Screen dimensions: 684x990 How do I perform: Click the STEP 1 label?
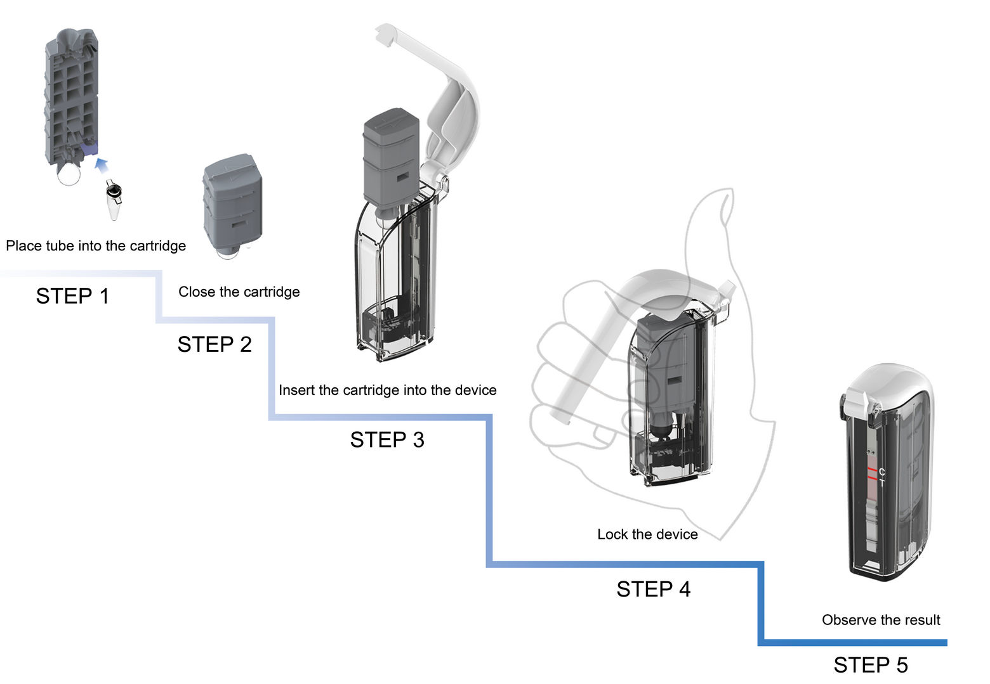(x=72, y=296)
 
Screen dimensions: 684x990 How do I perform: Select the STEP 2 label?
(x=214, y=344)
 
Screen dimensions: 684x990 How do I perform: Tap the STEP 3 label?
(x=387, y=440)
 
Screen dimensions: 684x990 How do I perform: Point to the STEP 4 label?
(x=653, y=590)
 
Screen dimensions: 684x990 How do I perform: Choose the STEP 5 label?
(x=870, y=665)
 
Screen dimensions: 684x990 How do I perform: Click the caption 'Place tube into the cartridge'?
(x=96, y=246)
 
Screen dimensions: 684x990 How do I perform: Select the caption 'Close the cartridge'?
(x=239, y=292)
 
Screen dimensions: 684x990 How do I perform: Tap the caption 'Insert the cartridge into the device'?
(x=387, y=390)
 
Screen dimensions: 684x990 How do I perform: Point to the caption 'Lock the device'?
(x=647, y=534)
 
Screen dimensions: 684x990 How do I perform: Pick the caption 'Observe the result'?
(x=881, y=620)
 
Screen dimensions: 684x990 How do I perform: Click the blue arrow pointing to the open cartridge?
(x=101, y=166)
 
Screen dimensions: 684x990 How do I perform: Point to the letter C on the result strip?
(x=882, y=472)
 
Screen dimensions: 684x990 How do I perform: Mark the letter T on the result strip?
(x=882, y=482)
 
